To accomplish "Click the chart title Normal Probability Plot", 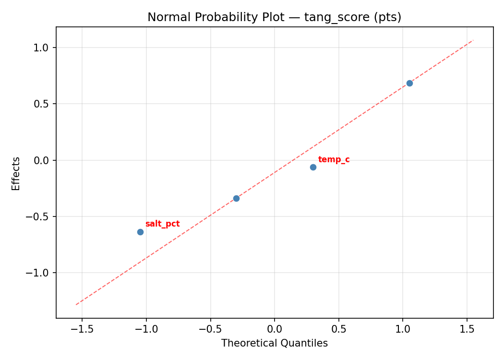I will (274, 17).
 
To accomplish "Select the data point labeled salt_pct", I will (140, 232).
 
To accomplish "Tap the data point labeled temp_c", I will (313, 167).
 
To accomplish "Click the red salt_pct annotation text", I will (162, 224).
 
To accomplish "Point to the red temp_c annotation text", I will (334, 159).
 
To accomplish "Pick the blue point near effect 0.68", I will (409, 83).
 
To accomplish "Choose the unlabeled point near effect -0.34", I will (236, 198).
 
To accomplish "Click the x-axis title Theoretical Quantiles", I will (274, 343).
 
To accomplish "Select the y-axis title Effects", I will (16, 173).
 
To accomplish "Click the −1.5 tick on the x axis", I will (82, 329).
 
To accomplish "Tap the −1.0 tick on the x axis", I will (146, 329).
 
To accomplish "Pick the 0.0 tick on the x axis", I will (274, 329).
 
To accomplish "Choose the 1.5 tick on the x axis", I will (467, 329).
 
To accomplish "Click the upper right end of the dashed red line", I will (473, 40).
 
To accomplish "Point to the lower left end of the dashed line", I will (76, 305).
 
